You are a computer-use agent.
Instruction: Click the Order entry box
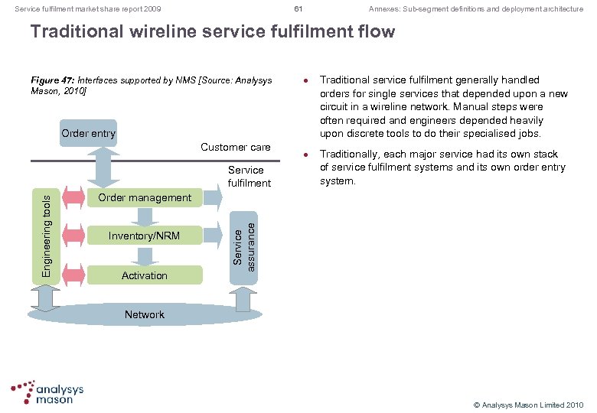89,133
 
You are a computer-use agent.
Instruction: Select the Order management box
144,197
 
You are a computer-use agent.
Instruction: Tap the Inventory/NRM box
144,236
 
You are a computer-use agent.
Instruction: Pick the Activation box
144,275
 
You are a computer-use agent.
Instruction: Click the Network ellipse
144,314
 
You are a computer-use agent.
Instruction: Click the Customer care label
235,147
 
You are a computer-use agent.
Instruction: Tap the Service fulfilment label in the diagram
246,176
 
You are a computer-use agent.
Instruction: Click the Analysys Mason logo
47,392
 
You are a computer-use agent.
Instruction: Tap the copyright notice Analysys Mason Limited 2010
528,404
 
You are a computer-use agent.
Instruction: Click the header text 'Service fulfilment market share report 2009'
88,9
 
